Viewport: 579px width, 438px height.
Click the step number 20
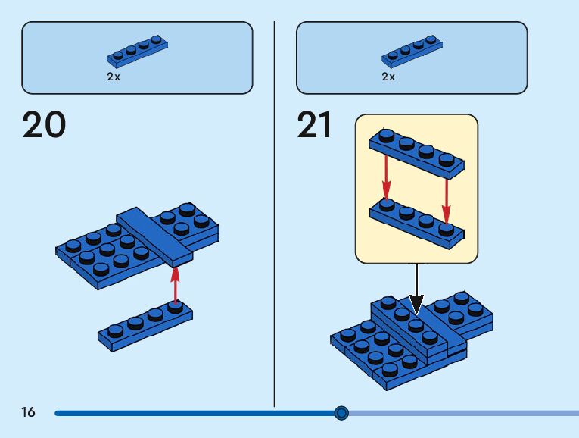pos(45,126)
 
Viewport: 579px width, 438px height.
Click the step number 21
pos(315,126)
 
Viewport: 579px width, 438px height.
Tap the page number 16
pos(28,413)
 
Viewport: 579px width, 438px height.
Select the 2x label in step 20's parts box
pos(114,77)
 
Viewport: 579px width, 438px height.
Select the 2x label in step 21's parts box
pos(388,77)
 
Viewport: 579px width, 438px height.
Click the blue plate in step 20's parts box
pos(137,51)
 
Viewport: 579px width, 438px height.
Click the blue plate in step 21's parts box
pos(412,51)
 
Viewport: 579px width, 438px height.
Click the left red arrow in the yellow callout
pos(386,175)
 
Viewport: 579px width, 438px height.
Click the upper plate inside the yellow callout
pos(416,150)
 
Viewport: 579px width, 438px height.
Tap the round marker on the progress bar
pos(341,413)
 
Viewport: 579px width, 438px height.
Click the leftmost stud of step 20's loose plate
pos(116,330)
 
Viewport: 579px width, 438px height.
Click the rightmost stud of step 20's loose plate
pos(175,308)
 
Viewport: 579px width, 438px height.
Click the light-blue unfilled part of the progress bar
pos(462,413)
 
